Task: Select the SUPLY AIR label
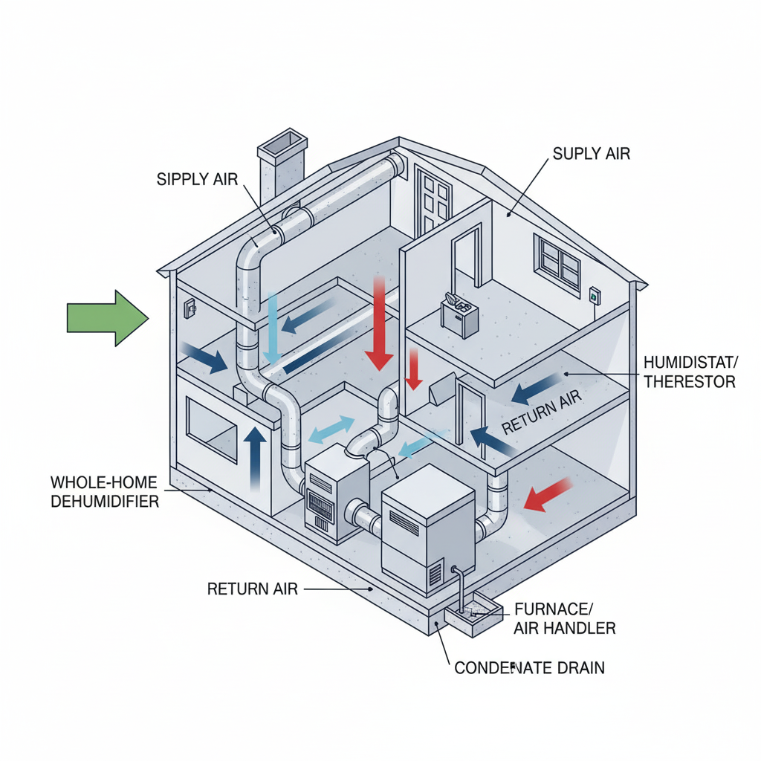pos(592,154)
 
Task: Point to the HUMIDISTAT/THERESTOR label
pos(689,372)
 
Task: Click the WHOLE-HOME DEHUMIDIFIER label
pos(104,490)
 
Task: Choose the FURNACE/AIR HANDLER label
pos(564,618)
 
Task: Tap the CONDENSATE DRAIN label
pos(528,667)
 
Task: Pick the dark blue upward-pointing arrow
pos(255,457)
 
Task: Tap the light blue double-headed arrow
pos(331,429)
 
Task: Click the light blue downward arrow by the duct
pos(273,327)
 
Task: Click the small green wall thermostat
pos(594,294)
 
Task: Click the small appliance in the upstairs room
pos(457,316)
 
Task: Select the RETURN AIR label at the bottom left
pos(252,589)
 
